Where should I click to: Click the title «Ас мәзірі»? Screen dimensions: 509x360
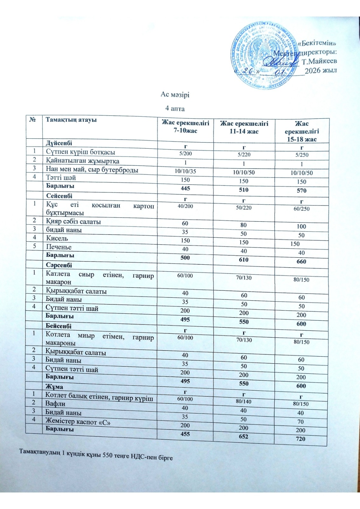(175, 94)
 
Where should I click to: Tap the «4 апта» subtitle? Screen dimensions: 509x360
(175, 108)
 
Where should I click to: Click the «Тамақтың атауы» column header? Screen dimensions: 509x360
(71, 120)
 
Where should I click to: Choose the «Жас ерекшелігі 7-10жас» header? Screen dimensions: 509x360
(185, 126)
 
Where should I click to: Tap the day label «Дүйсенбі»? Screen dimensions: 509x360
(59, 143)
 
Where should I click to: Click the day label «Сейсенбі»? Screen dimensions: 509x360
(59, 196)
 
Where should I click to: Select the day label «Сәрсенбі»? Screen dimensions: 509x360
(59, 265)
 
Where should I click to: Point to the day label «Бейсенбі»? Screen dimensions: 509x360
(59, 326)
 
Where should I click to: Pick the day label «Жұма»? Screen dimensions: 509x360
(54, 387)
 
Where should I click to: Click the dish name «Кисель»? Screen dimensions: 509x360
(57, 238)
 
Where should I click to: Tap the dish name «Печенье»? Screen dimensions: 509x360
(59, 247)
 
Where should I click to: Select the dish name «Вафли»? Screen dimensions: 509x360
(56, 404)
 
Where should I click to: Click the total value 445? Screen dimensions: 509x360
(185, 188)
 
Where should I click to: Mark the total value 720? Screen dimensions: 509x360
(300, 439)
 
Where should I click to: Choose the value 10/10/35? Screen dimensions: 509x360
(185, 171)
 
